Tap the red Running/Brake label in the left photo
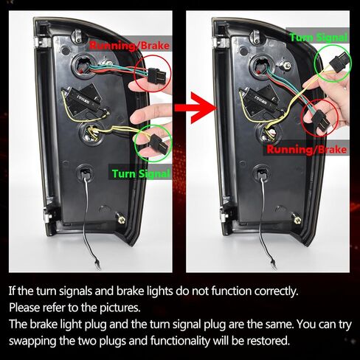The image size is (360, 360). [129, 46]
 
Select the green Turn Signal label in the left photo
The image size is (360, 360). [141, 174]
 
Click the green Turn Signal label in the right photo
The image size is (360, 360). [319, 38]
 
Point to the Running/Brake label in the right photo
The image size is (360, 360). [307, 149]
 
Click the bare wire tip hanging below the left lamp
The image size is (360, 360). [97, 266]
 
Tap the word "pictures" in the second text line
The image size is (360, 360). [120, 308]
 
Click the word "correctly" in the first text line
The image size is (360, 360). [276, 291]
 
